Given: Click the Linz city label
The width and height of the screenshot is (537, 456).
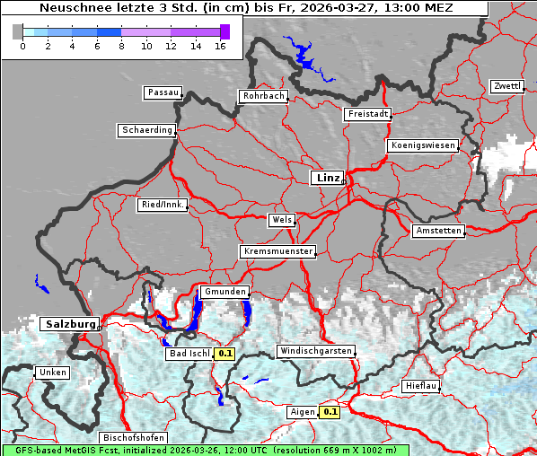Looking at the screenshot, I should (327, 178).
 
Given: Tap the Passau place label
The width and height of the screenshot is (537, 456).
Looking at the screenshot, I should (163, 92).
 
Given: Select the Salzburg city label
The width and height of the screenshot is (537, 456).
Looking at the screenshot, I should (69, 323).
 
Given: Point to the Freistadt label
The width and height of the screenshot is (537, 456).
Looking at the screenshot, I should (367, 114).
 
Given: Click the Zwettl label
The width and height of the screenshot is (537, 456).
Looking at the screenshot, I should (506, 86).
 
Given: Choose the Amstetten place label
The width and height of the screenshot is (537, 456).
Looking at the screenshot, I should (438, 231).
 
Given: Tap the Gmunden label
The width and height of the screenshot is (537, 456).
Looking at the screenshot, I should (224, 292).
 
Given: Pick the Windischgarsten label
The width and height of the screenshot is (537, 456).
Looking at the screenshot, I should (315, 351).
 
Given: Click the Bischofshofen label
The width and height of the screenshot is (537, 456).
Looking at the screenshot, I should (134, 437).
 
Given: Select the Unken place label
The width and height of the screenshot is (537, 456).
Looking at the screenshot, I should (52, 372).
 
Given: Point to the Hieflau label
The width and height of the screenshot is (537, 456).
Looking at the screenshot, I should (421, 385).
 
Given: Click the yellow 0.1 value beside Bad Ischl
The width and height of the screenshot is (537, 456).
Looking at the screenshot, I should (225, 354).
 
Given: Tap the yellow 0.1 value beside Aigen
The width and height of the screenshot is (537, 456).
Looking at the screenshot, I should (330, 412).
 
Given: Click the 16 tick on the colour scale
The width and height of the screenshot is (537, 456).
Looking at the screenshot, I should (220, 45).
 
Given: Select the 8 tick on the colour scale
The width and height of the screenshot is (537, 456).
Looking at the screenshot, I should (121, 45).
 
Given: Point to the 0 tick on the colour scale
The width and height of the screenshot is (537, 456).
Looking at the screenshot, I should (22, 45).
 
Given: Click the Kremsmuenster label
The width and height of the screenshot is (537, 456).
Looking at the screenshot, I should (278, 251).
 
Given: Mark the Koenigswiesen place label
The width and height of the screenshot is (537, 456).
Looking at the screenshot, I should (423, 145).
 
